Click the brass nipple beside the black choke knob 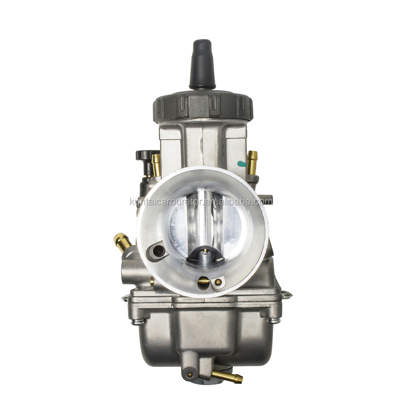coord(156,165)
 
